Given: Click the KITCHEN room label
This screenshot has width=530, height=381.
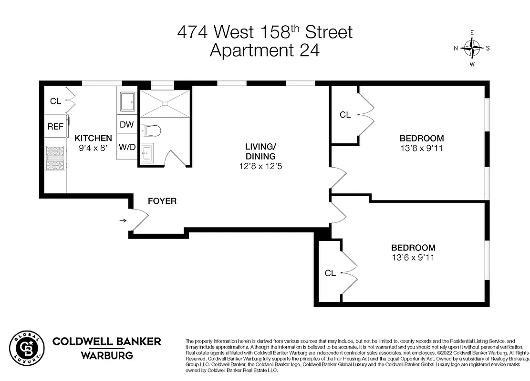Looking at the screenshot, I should [94, 138].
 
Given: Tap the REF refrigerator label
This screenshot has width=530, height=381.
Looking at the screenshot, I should [55, 127].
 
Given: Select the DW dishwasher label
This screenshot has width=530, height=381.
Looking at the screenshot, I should [126, 125].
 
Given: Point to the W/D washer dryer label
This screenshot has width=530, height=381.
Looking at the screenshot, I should [127, 147].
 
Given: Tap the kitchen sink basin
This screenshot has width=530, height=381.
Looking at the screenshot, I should [127, 102].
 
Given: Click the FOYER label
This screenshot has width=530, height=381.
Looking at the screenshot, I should [162, 201].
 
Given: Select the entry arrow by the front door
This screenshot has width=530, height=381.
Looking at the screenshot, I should [123, 221].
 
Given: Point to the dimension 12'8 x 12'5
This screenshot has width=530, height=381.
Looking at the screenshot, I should [260, 167].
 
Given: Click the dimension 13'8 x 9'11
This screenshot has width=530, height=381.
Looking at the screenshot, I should [422, 148].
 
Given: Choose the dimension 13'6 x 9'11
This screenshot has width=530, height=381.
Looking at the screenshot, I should [413, 258].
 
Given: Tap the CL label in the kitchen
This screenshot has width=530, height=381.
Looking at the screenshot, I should [55, 101].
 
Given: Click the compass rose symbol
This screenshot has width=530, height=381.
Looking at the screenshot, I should [472, 48].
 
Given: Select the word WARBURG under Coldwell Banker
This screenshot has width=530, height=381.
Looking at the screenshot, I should [106, 355].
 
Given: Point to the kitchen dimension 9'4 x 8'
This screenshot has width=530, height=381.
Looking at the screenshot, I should [94, 148].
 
